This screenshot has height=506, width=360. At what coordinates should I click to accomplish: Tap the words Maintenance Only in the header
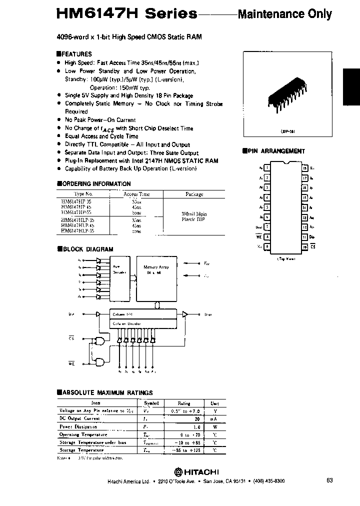coord(284,13)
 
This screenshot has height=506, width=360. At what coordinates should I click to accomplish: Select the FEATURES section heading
coord(76,54)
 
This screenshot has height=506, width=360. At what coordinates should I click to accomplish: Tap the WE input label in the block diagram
coord(71,364)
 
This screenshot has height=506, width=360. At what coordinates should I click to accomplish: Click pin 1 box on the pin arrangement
coord(267,168)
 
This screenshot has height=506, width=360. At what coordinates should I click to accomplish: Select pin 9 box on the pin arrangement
coord(267,246)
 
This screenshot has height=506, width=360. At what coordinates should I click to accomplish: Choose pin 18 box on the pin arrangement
coord(304,168)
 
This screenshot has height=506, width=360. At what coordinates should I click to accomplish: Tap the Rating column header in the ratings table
coord(184,402)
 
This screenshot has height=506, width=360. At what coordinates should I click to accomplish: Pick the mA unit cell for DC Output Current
coord(214,418)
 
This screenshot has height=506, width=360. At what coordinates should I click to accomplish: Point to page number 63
coord(329,480)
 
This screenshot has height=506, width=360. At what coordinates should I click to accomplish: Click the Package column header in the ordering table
coord(194,194)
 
